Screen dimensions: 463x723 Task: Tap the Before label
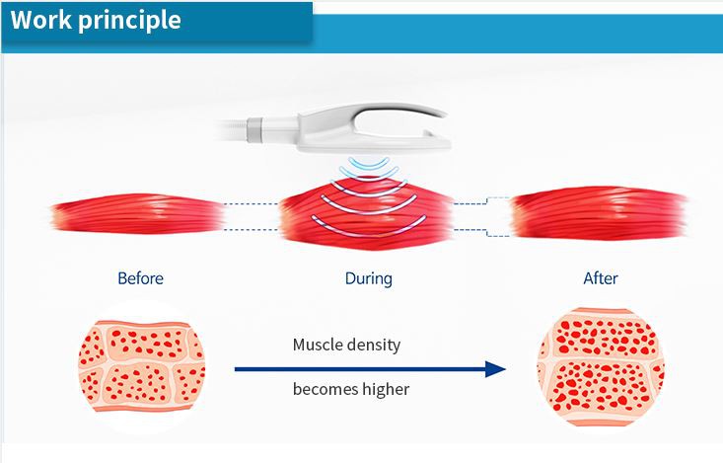tap(140, 278)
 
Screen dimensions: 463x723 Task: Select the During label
tap(368, 278)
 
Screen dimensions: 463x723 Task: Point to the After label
tap(600, 278)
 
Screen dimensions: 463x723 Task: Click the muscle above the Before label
tap(138, 216)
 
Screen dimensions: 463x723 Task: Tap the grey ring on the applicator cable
tap(254, 127)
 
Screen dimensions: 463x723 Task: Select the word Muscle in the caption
tap(320, 346)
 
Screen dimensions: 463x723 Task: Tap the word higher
tap(388, 389)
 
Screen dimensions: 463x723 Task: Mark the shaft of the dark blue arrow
tap(355, 369)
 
